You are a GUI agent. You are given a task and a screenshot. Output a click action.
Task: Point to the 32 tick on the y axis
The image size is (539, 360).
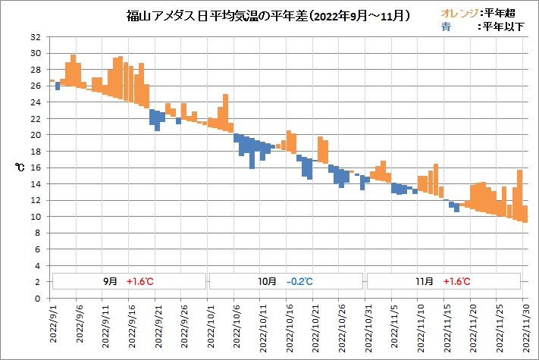pyautogui.click(x=36, y=37)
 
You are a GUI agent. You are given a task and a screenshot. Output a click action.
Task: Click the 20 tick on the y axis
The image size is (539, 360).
pyautogui.click(x=36, y=135)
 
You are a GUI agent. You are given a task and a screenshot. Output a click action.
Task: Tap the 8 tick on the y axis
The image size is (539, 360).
pyautogui.click(x=39, y=233)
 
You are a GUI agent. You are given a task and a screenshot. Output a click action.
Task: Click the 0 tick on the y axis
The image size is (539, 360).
pyautogui.click(x=39, y=298)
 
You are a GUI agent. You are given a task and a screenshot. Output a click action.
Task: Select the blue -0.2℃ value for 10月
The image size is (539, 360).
pyautogui.click(x=300, y=281)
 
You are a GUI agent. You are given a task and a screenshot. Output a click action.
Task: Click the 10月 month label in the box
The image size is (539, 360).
pyautogui.click(x=268, y=281)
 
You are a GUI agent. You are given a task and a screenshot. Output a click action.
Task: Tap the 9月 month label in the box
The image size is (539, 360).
pyautogui.click(x=111, y=281)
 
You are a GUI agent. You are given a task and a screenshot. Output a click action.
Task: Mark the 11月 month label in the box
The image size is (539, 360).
pyautogui.click(x=425, y=281)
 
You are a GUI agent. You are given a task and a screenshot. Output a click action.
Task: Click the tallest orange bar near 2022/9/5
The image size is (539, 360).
pyautogui.click(x=73, y=70)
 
